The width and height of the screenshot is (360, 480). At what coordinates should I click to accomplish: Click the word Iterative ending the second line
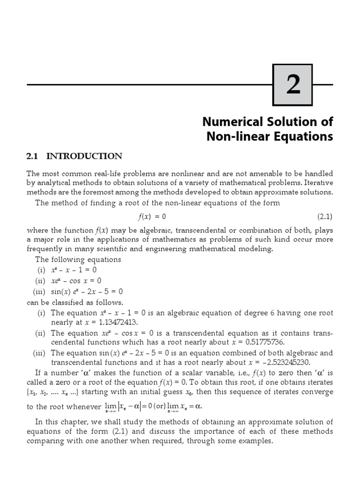[317, 182]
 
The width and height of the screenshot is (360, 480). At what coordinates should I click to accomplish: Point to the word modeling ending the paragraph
[256, 249]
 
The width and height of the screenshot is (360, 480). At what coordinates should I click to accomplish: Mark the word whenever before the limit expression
[84, 407]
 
